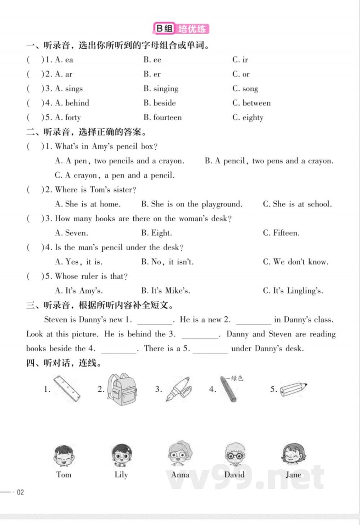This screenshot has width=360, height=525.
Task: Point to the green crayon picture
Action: pos(228,389)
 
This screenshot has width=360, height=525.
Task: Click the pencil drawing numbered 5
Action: pos(293,389)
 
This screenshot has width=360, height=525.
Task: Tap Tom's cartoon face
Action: pos(63,455)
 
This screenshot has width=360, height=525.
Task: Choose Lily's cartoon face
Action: pos(121,455)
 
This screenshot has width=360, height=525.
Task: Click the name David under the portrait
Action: pos(234,475)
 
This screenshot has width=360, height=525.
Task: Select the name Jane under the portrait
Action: pos(293,475)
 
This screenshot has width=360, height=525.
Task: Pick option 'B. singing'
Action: pos(161,89)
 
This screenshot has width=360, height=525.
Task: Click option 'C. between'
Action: pos(252,103)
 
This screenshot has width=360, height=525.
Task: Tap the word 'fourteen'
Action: pos(167,117)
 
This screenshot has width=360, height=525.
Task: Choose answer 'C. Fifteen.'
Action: pos(281,233)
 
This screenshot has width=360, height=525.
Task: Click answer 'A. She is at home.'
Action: pos(88,204)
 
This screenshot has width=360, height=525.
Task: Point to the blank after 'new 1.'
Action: pos(154,320)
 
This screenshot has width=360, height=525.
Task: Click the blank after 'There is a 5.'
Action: pos(210,349)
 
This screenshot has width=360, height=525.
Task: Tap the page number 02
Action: pos(20,492)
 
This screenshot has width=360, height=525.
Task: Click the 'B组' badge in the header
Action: pos(164,29)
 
